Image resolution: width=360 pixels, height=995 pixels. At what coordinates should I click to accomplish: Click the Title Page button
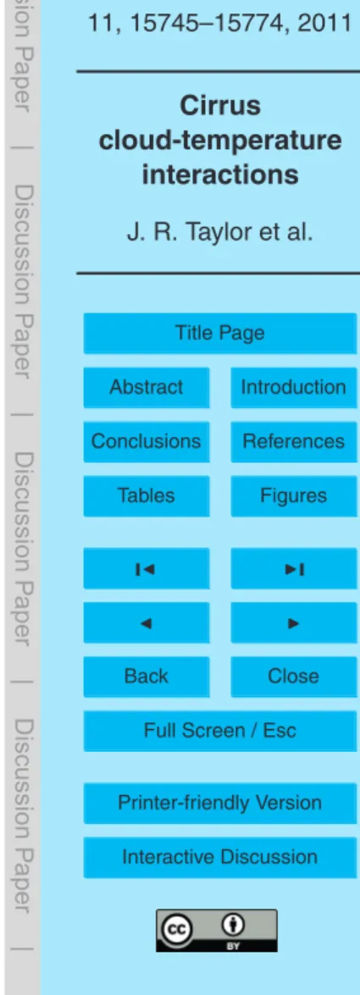point(219,333)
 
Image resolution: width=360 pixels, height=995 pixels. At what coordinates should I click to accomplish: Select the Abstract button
point(146,387)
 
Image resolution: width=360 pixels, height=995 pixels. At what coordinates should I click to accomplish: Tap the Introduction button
point(293,387)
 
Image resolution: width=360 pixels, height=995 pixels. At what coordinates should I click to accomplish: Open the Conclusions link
point(146,441)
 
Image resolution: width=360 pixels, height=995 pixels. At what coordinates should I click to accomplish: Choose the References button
point(293,441)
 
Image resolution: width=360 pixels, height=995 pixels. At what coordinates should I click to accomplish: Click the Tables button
point(146,495)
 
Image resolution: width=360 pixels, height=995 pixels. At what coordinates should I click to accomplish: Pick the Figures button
point(293,495)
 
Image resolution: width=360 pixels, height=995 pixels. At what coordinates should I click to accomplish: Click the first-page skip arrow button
point(146,568)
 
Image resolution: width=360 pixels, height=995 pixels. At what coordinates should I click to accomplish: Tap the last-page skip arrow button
point(293,568)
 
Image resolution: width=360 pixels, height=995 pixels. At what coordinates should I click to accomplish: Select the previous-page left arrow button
point(146,622)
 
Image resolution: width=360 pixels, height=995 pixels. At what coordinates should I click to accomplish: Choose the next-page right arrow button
point(293,622)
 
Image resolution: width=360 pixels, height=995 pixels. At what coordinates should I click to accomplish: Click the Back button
point(146,677)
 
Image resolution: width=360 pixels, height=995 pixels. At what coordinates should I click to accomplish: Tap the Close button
point(293,677)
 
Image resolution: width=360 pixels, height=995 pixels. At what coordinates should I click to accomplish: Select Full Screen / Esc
point(219,731)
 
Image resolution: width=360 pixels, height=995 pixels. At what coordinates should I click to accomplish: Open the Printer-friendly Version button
point(219,804)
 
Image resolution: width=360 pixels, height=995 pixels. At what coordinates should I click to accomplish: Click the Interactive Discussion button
point(219,857)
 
